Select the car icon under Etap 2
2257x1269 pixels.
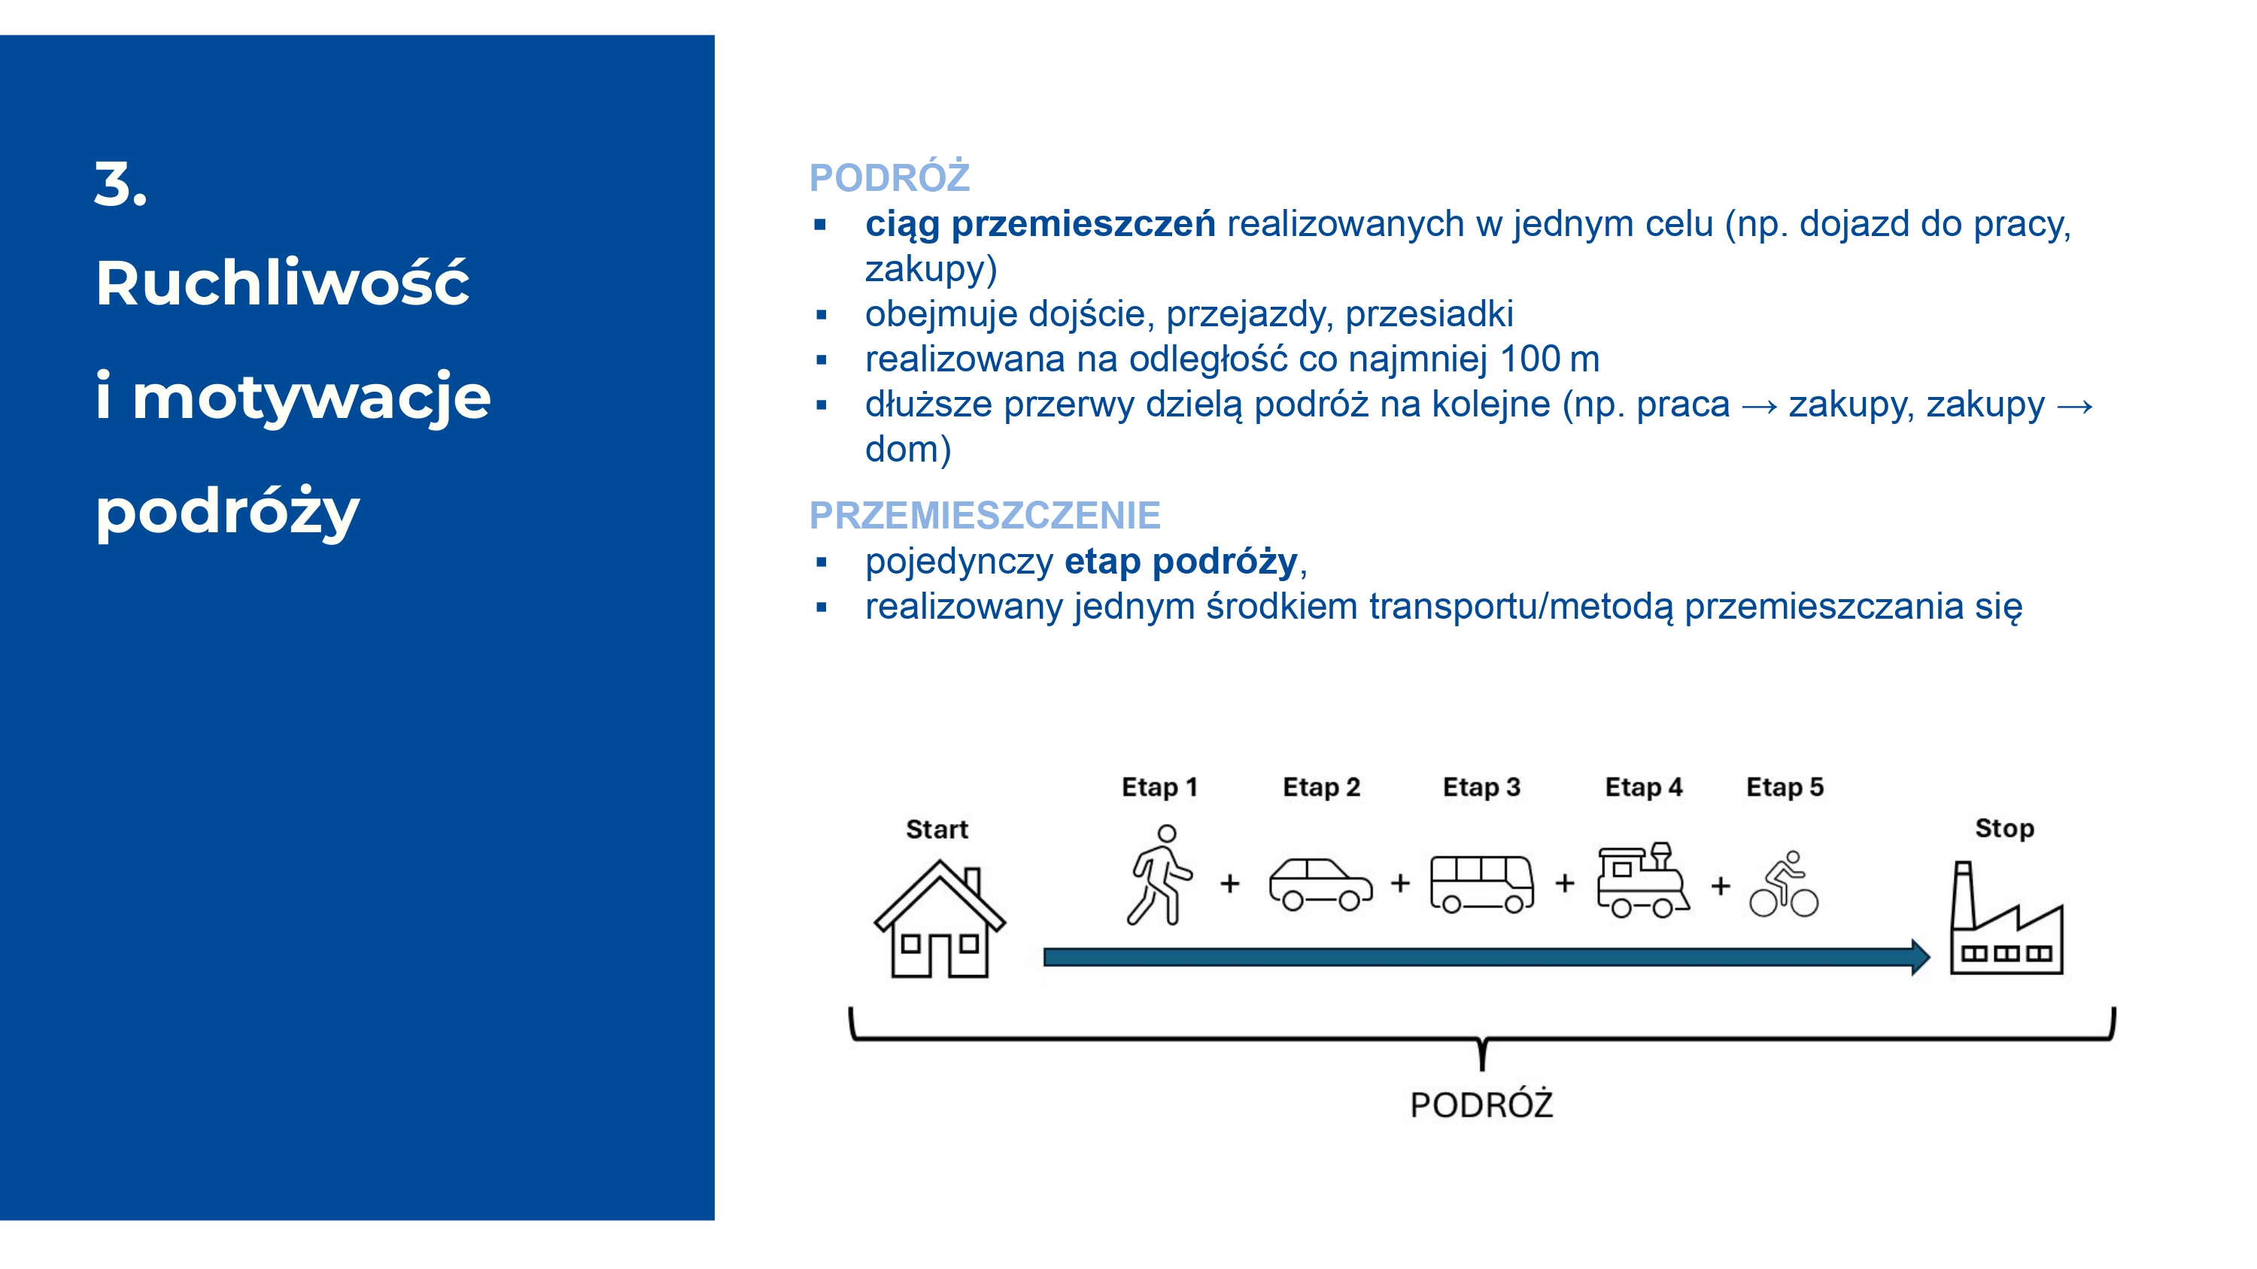1320,885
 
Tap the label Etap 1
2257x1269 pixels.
1159,786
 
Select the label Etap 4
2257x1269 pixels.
1643,786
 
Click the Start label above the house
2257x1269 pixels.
937,829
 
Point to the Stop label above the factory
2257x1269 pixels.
2003,828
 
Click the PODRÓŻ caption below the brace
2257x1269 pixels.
1481,1104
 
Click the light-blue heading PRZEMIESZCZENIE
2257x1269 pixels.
984,515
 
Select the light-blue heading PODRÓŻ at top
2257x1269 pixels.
889,177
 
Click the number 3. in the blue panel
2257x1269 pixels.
121,185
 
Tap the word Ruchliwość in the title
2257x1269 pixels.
282,283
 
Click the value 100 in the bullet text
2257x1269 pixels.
1529,359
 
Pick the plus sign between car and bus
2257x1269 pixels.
1400,883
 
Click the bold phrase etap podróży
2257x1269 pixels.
1180,562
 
